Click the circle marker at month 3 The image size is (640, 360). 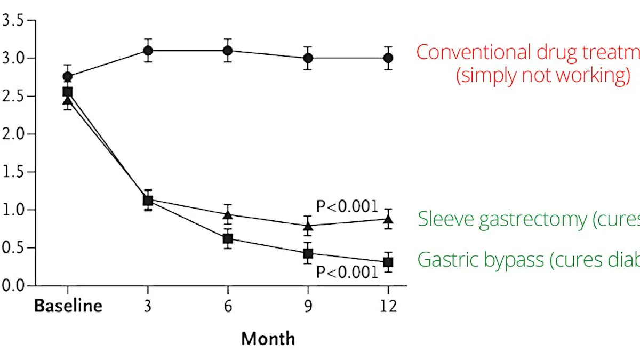coord(148,51)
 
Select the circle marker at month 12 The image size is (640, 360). coord(388,58)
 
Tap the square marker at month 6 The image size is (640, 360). coord(228,238)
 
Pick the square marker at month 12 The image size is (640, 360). coord(388,262)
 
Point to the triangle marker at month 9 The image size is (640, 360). coord(308,226)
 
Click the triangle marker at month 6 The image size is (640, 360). coord(228,215)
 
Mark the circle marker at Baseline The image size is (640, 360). coord(68,77)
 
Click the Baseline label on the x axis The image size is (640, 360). coord(68,306)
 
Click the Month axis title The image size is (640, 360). coord(268,338)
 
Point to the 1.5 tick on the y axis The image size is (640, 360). coord(13,172)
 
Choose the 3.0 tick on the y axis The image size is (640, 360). coord(13,58)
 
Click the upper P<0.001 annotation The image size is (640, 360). coord(347,206)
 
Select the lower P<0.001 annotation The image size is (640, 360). coord(347,272)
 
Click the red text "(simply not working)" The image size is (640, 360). coord(543,75)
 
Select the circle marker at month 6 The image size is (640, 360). coord(228,51)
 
